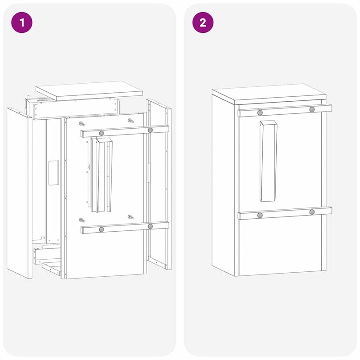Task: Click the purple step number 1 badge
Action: click(x=22, y=22)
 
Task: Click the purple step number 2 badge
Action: click(x=203, y=22)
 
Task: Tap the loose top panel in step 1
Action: click(x=89, y=90)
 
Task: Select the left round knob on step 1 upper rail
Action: click(x=101, y=133)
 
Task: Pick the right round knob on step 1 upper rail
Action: click(x=150, y=130)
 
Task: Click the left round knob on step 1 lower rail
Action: click(x=101, y=229)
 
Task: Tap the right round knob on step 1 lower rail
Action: click(x=150, y=226)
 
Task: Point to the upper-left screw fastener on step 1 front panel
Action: click(x=82, y=124)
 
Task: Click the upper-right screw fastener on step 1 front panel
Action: click(x=131, y=121)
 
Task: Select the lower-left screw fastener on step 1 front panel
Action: click(x=82, y=220)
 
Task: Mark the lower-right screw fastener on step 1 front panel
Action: click(x=131, y=217)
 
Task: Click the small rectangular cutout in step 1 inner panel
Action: click(x=54, y=173)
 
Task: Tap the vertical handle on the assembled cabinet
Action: click(x=268, y=161)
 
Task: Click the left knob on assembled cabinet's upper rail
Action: click(x=260, y=113)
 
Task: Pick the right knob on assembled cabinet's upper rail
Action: click(x=312, y=109)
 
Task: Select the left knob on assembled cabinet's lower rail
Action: click(x=260, y=216)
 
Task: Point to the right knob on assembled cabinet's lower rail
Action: click(x=312, y=212)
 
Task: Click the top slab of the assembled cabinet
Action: click(x=269, y=94)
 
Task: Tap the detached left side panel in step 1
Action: click(x=19, y=193)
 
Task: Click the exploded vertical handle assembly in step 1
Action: click(x=100, y=175)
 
